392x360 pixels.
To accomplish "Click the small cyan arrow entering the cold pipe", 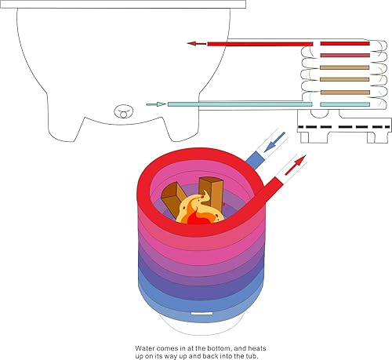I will pos(155,104).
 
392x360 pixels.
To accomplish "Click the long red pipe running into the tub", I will pos(259,44).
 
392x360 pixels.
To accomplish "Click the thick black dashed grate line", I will pos(345,125).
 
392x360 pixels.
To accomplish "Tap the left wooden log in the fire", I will pos(174,195).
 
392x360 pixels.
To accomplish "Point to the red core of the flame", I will pos(198,220).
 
